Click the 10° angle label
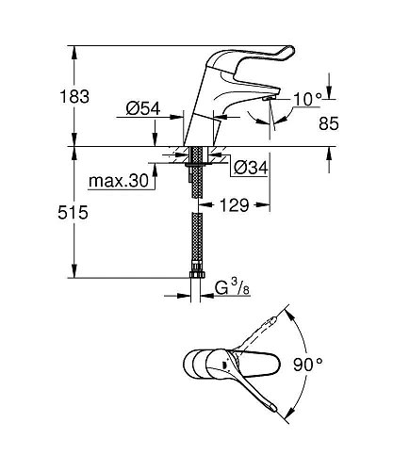click(x=308, y=97)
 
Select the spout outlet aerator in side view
click(x=267, y=97)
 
